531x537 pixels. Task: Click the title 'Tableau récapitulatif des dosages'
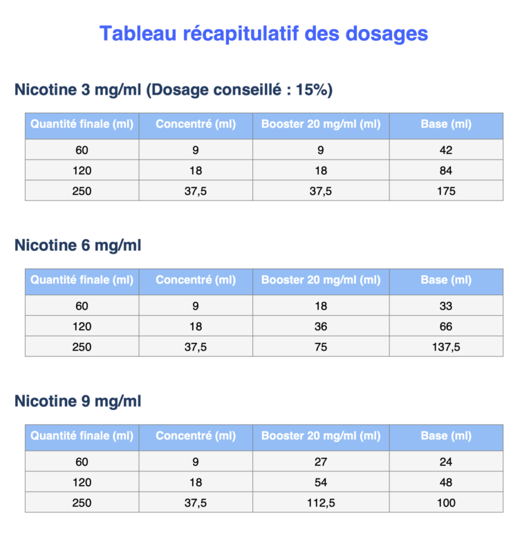click(263, 33)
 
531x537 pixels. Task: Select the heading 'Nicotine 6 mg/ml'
click(77, 245)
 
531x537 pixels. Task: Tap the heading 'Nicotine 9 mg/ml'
click(77, 401)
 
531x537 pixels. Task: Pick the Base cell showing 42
click(446, 150)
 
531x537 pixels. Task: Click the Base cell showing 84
click(446, 171)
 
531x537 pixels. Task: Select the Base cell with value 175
click(446, 191)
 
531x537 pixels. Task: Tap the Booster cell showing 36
click(321, 326)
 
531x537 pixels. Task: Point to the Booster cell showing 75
click(321, 347)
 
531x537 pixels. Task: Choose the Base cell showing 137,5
click(446, 347)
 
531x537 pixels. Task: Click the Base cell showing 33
click(446, 306)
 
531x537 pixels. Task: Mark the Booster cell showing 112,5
click(321, 502)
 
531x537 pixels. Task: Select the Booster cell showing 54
click(321, 482)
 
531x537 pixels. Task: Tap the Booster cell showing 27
click(321, 462)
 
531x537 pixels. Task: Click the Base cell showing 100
click(446, 502)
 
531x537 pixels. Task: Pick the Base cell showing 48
click(446, 482)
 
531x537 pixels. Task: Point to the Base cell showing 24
click(446, 462)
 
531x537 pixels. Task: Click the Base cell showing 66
click(446, 326)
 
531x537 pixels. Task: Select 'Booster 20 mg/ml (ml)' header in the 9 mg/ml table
click(321, 436)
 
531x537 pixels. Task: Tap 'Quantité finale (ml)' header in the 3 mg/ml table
click(82, 124)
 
